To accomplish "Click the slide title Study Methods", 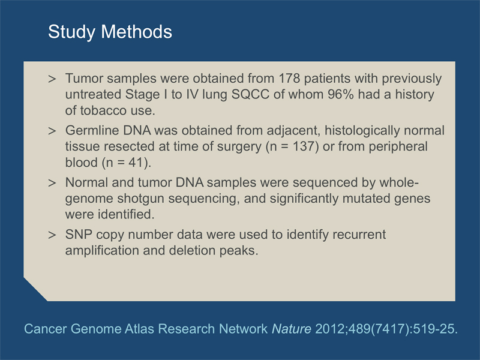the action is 110,32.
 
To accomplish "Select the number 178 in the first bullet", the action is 289,79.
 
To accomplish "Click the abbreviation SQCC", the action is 250,94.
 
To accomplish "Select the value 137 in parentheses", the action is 304,146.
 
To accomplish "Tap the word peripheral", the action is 398,147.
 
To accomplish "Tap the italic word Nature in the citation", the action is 292,329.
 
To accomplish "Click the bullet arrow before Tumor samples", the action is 52,79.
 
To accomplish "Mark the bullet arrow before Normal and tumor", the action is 52,183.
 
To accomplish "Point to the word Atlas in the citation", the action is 139,329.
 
